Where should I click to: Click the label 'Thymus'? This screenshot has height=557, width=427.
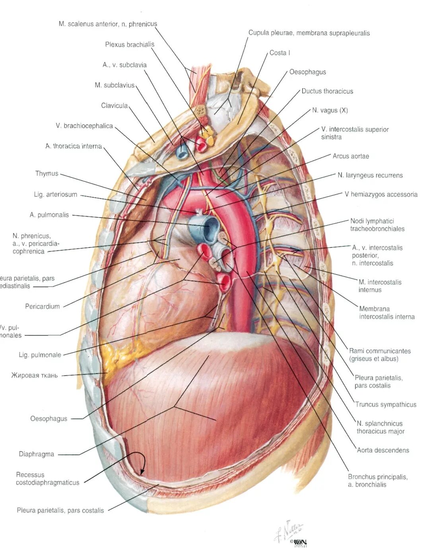click(47, 173)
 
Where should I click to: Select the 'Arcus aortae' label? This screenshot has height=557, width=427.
click(351, 156)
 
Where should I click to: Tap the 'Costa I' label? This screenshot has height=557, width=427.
click(279, 53)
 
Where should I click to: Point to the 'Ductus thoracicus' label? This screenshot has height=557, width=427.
click(327, 91)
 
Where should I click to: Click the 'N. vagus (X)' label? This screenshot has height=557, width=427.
click(330, 110)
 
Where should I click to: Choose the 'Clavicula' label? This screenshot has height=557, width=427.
click(114, 105)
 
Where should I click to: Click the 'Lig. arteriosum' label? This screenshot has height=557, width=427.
click(55, 195)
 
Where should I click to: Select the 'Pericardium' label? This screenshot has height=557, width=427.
click(42, 306)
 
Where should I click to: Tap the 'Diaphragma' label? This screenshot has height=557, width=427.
click(36, 454)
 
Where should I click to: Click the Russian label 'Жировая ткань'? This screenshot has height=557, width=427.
click(34, 375)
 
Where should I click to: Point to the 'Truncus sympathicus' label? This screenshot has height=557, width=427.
click(385, 405)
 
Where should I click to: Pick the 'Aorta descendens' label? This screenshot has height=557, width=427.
click(382, 450)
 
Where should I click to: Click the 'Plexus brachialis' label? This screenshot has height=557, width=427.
click(130, 45)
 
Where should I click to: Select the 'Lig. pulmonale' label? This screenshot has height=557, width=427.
click(40, 355)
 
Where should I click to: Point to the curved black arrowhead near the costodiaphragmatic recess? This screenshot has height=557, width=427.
click(142, 471)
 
